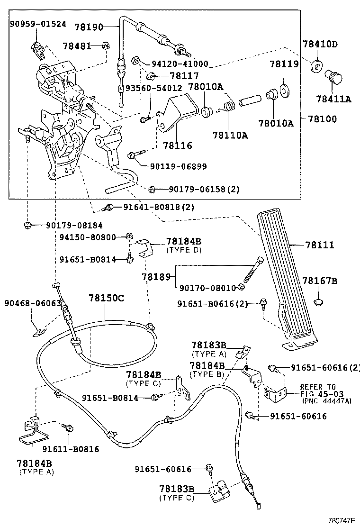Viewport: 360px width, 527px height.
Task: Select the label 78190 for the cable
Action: click(103, 27)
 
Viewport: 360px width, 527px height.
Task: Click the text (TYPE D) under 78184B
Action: click(182, 249)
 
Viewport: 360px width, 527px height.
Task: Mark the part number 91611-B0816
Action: click(71, 449)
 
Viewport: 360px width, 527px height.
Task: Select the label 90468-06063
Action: click(27, 303)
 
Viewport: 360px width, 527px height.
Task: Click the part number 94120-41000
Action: click(180, 64)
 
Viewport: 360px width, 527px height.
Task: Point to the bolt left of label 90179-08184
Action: click(28, 225)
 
